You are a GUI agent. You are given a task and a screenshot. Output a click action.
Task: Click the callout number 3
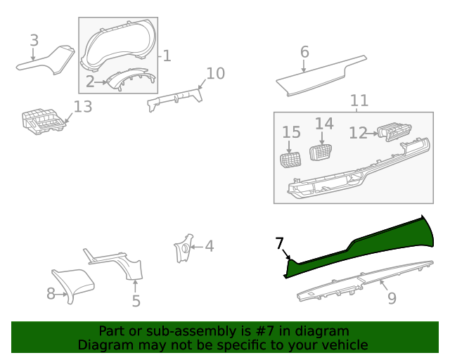click(34, 41)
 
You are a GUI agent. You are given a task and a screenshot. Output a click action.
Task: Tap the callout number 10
click(215, 73)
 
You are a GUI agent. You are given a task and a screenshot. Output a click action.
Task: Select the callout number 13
click(83, 107)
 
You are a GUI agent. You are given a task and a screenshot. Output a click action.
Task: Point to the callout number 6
click(304, 52)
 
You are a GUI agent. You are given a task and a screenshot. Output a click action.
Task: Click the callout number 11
click(359, 101)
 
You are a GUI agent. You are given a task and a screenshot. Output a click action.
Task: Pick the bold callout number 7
click(279, 243)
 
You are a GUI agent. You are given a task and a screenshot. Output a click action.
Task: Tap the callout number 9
click(392, 298)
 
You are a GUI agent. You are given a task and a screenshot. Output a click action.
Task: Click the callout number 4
click(209, 246)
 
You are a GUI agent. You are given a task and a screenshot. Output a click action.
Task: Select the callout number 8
click(51, 293)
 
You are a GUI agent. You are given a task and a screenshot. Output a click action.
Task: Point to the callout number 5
click(136, 301)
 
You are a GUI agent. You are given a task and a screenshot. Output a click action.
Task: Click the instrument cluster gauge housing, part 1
click(118, 48)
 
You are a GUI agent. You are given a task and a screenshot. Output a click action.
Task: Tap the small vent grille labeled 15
click(291, 160)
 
